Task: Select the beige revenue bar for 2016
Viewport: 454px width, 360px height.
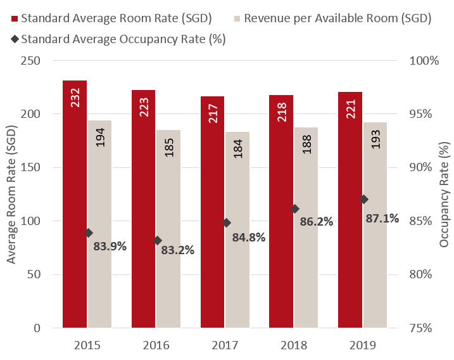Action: [x=168, y=229]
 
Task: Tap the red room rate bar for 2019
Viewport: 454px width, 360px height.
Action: [x=350, y=210]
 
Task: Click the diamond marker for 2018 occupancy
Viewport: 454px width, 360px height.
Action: [x=295, y=209]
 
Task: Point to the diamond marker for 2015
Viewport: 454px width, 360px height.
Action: [x=89, y=233]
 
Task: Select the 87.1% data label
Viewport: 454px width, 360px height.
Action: [x=382, y=219]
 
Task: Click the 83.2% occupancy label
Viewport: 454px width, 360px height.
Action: [x=177, y=250]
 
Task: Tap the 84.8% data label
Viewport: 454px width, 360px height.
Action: [x=248, y=238]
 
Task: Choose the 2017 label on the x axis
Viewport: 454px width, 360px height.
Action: [x=225, y=345]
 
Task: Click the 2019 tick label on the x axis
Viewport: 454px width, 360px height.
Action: [x=362, y=345]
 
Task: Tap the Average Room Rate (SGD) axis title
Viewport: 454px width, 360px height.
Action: [x=11, y=194]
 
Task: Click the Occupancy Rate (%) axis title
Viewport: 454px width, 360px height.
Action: [x=444, y=194]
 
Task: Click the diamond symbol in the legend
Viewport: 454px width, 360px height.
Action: [x=13, y=39]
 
